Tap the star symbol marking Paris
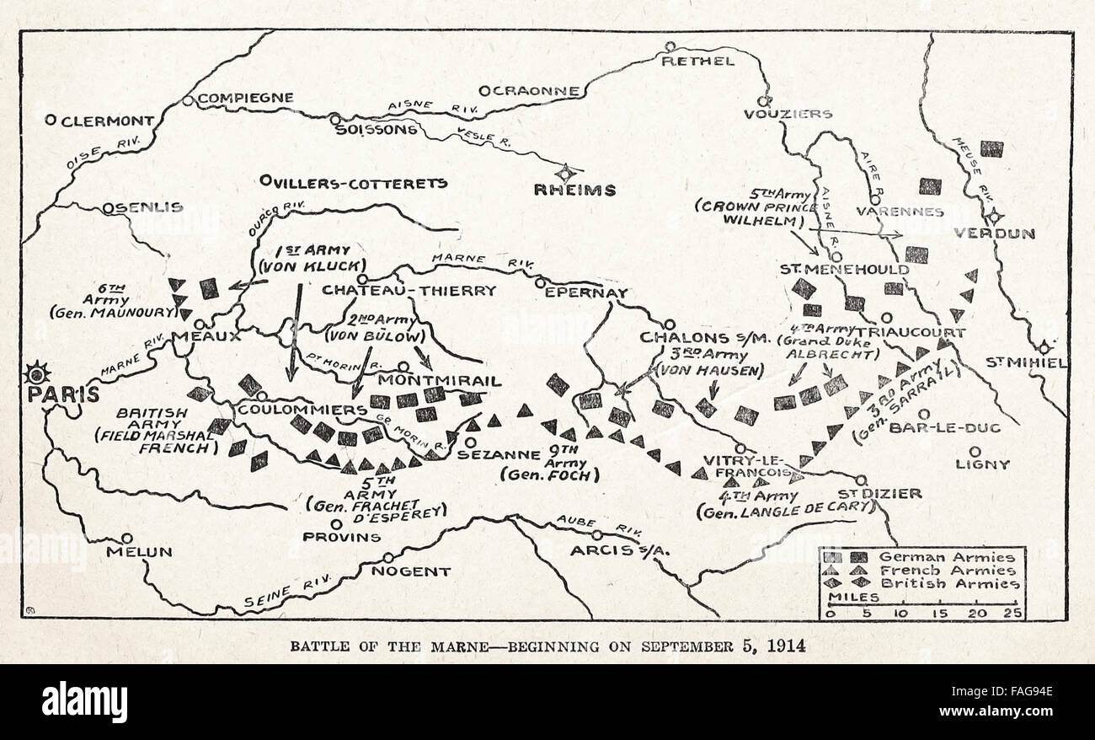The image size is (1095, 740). coord(38,372)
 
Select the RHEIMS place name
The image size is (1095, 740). coord(574,190)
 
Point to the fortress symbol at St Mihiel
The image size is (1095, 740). coord(1044,347)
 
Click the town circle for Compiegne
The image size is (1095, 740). coord(187,100)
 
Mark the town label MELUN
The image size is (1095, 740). coord(139,552)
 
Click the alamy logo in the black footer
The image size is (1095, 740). coord(84,702)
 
